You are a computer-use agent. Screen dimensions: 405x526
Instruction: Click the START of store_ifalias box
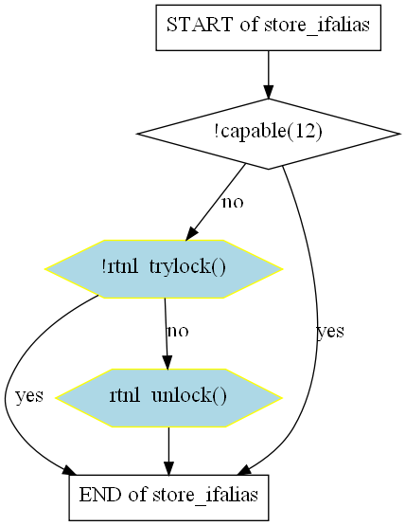(268, 27)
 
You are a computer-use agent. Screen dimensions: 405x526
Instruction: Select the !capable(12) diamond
(268, 134)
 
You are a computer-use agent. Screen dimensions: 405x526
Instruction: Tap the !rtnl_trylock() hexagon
(164, 269)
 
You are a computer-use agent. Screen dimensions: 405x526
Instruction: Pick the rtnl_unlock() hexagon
(168, 398)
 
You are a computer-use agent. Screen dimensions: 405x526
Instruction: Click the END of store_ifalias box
(168, 498)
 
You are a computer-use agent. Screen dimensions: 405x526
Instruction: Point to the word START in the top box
(200, 25)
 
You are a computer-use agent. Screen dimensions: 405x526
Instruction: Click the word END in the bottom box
(100, 494)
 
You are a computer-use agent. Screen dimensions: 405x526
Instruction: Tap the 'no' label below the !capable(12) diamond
(233, 202)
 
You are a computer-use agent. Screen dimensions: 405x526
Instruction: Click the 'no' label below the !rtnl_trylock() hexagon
(178, 331)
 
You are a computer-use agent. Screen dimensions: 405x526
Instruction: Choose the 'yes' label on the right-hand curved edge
(330, 332)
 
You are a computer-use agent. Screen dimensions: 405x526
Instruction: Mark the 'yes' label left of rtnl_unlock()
(29, 395)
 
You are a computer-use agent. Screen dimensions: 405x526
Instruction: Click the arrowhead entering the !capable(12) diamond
(268, 92)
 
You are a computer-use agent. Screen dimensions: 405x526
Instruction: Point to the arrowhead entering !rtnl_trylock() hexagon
(191, 233)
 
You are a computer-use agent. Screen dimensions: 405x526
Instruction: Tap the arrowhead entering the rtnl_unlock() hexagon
(167, 362)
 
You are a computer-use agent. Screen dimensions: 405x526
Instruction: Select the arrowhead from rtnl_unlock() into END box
(168, 468)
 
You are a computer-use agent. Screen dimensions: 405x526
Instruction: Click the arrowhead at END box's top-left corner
(69, 470)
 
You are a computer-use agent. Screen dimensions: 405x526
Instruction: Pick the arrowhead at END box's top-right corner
(244, 470)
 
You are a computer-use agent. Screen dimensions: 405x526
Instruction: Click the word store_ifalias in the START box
(317, 26)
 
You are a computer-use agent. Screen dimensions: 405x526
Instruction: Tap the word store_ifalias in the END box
(205, 495)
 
